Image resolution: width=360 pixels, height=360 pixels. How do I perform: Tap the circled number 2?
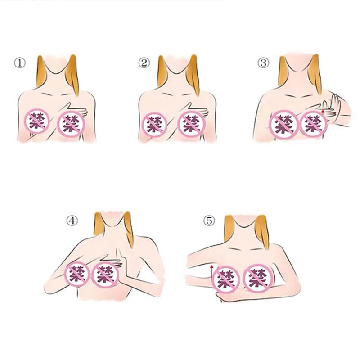tap(144, 63)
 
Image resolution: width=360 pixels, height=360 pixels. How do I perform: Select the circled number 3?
tap(263, 63)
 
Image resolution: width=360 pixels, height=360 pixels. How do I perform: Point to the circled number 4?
tap(72, 220)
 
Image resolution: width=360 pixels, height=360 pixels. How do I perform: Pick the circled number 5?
tap(209, 220)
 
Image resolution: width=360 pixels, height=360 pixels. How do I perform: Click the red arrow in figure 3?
tap(323, 112)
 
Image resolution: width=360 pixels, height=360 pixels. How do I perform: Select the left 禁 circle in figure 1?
tap(37, 121)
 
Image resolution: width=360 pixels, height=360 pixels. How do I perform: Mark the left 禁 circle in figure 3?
tap(284, 125)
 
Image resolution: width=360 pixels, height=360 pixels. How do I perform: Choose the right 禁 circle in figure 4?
tap(105, 274)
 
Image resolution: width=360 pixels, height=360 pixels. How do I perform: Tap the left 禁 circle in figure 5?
tap(227, 279)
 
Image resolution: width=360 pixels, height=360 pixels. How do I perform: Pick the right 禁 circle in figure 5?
tap(258, 278)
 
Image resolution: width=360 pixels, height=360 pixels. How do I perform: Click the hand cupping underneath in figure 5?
tap(224, 296)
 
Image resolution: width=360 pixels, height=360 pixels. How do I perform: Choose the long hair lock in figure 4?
tap(129, 229)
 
